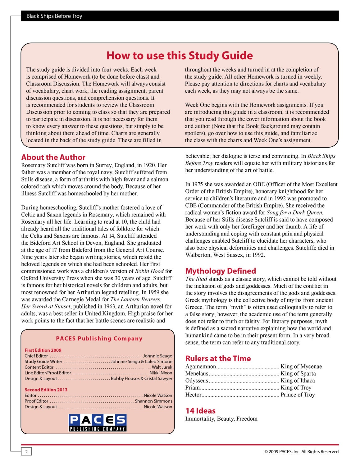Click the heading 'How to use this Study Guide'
point(180,56)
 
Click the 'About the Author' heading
point(53,157)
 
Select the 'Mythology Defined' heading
point(221,271)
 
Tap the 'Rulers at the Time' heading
point(218,359)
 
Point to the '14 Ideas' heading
point(200,411)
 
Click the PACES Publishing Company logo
point(98,423)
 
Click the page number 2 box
point(26,452)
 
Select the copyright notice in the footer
point(301,452)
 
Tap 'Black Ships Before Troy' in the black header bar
point(54,16)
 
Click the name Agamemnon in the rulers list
point(200,367)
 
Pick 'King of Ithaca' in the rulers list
point(298,381)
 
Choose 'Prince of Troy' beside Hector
point(298,395)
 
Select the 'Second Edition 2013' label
point(46,390)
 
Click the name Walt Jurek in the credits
point(162,367)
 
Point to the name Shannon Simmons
point(153,401)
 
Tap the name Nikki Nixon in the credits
point(161,373)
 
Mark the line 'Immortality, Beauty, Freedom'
point(221,419)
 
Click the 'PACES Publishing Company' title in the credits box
point(99,339)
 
